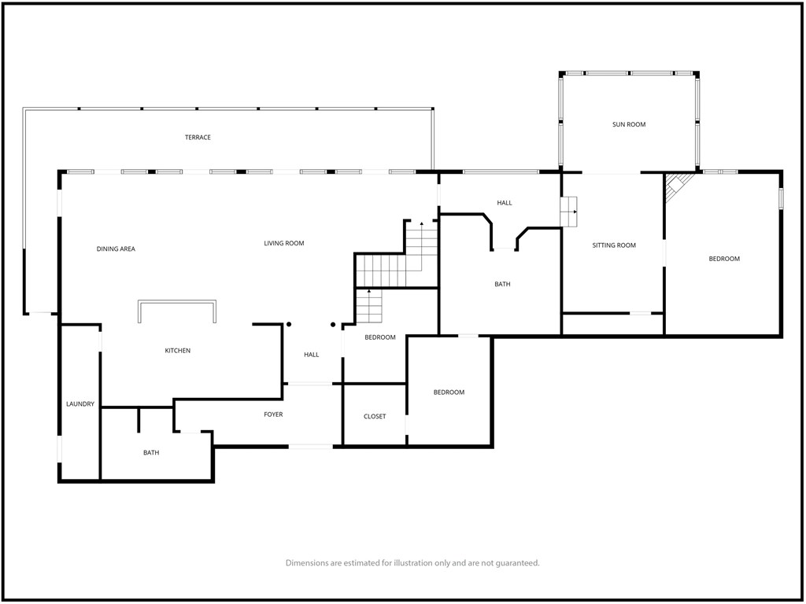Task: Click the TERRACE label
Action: click(198, 137)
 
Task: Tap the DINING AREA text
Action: click(116, 249)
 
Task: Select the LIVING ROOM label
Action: click(283, 244)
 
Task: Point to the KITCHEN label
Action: click(177, 351)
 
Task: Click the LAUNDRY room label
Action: click(80, 404)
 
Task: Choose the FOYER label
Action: click(273, 414)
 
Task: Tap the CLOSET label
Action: click(374, 417)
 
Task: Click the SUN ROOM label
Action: click(629, 124)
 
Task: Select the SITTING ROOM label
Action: click(614, 245)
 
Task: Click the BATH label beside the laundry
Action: click(151, 452)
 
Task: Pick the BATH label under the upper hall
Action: click(502, 284)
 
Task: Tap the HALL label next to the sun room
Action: click(505, 203)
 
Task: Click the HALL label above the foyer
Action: click(311, 355)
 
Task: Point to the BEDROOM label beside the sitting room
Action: click(724, 259)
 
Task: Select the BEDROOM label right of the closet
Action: click(449, 392)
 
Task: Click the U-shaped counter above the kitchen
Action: click(177, 303)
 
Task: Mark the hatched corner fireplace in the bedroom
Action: click(678, 186)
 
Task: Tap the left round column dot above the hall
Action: click(289, 324)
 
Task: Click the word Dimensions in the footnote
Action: click(307, 563)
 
